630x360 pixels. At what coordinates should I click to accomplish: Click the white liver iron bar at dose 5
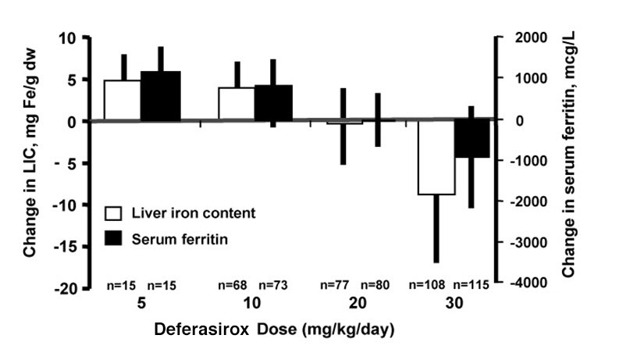pos(123,100)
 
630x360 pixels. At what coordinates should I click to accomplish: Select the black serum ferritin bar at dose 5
pos(160,96)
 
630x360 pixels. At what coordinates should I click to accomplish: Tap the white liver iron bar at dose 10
pos(237,104)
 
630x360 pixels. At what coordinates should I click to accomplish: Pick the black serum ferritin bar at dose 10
pos(273,103)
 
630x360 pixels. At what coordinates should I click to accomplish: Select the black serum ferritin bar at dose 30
pos(472,139)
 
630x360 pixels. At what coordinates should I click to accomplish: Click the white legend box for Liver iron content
pos(114,212)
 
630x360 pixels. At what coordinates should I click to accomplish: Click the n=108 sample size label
pos(432,285)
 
